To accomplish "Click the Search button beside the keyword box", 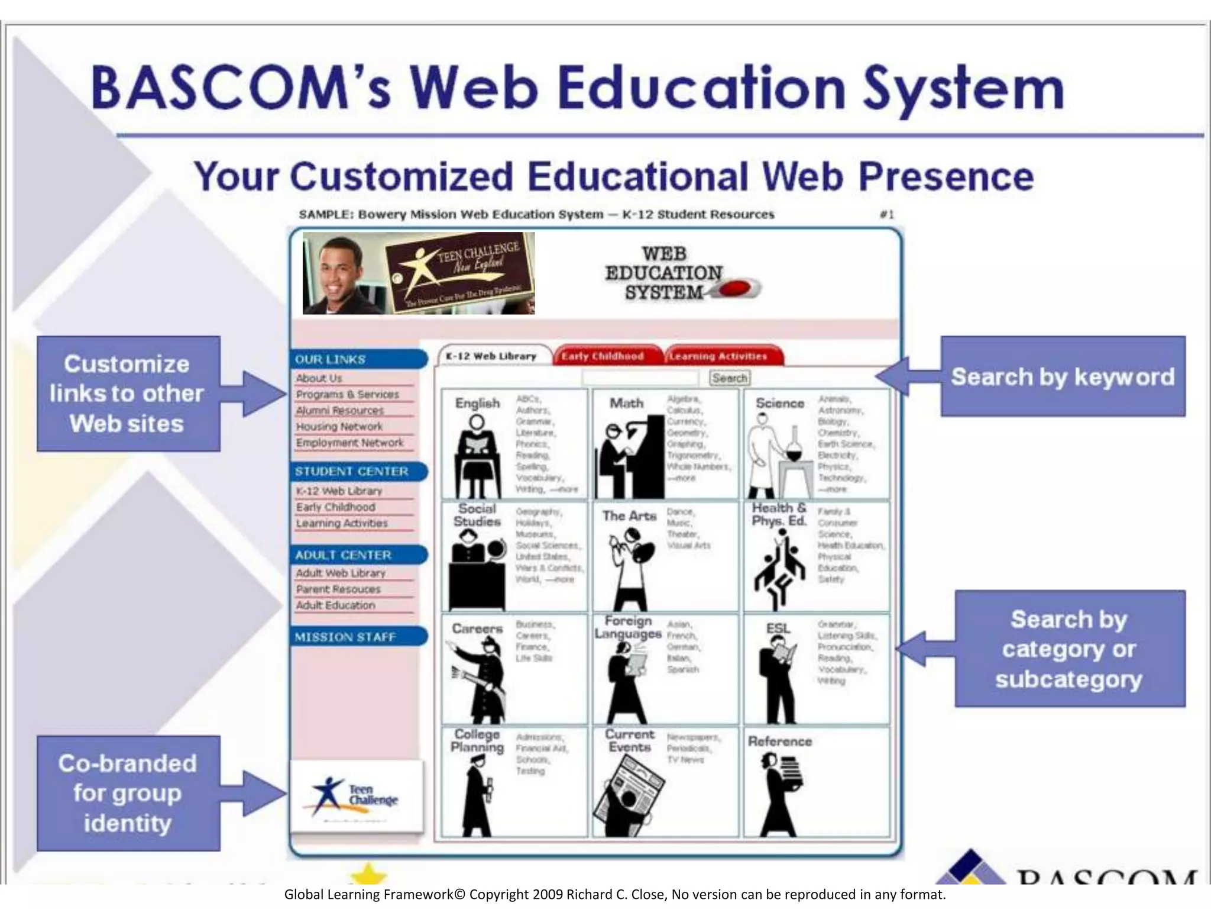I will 729,378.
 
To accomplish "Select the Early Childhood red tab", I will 603,356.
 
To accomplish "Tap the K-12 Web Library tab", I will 491,356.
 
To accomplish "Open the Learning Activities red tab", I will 719,356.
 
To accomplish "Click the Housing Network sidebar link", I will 339,427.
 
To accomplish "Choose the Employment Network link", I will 349,443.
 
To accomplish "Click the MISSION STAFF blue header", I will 346,637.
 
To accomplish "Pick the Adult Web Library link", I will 341,573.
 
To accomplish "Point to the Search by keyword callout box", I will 1063,377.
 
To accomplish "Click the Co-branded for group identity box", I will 128,793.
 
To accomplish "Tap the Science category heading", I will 779,404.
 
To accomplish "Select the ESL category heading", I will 778,628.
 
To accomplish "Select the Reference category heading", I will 779,742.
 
